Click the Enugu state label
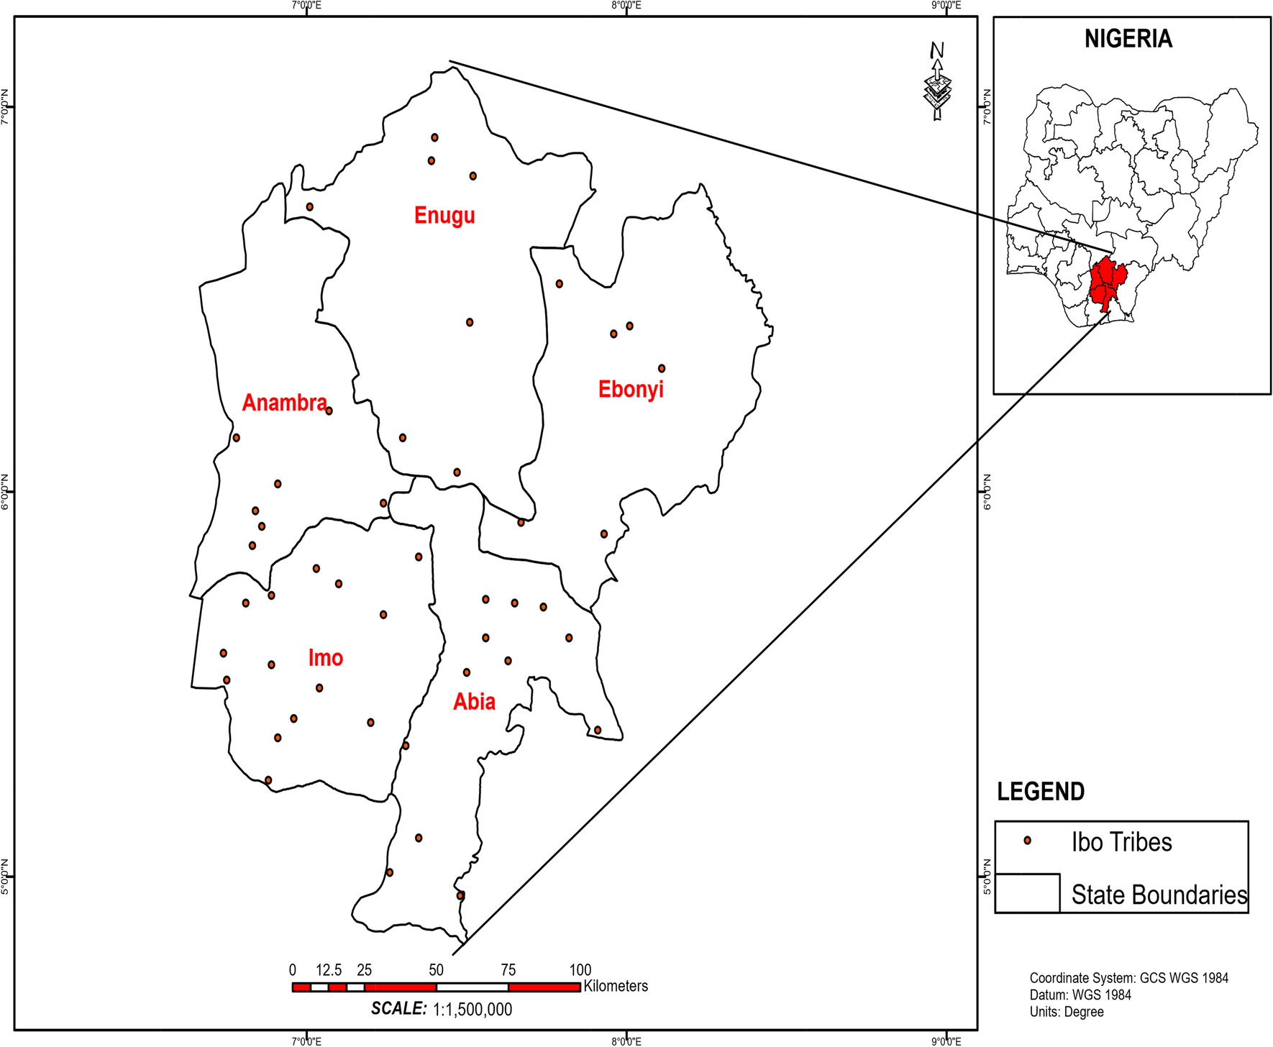click(x=444, y=215)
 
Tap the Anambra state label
click(x=284, y=403)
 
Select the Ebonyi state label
click(x=631, y=389)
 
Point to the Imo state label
click(x=325, y=658)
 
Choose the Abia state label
click(x=474, y=702)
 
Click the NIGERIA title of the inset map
click(x=1128, y=39)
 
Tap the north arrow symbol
click(x=937, y=83)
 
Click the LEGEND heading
click(x=1040, y=792)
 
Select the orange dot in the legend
click(x=1027, y=840)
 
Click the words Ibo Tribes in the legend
click(x=1121, y=842)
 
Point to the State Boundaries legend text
click(x=1159, y=895)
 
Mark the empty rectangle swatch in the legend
click(x=1027, y=893)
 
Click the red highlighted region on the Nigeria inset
click(x=1105, y=284)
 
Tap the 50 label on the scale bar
click(x=436, y=969)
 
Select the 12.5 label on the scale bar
click(x=329, y=969)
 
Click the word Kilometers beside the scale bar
click(x=616, y=986)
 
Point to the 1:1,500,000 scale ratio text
click(x=472, y=1010)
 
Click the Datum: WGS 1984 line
click(x=1080, y=995)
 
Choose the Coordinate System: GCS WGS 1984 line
click(x=1128, y=978)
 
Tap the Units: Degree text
click(x=1067, y=1012)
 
